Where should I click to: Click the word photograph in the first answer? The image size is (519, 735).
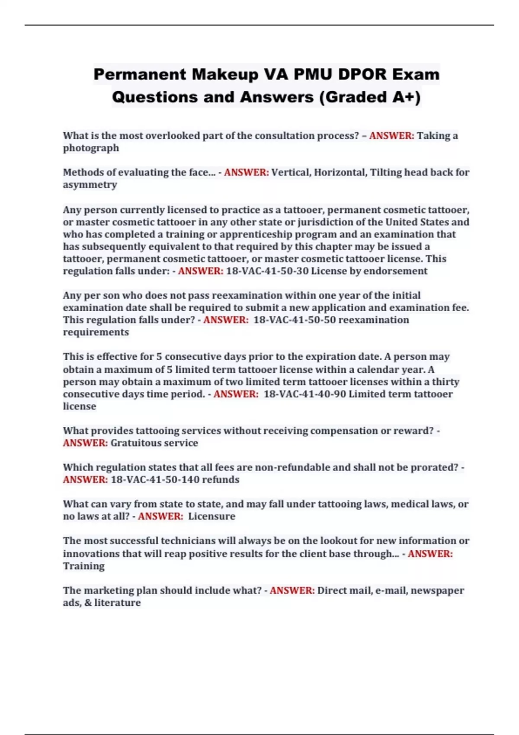91,148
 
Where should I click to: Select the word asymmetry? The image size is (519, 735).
90,185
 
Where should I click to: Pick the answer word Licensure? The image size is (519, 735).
211,516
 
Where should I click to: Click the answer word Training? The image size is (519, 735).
83,566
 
